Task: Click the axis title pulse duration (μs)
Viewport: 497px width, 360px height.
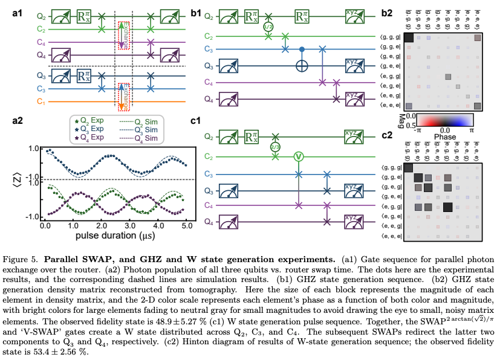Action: point(116,233)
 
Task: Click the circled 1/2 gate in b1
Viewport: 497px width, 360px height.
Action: point(268,27)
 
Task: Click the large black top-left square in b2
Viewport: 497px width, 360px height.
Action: point(408,38)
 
